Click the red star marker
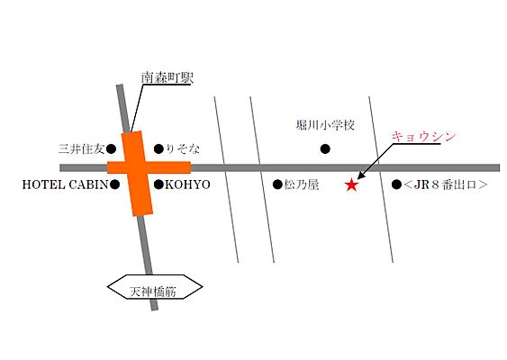pos(351,185)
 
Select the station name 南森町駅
pos(167,78)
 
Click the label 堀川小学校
pos(326,126)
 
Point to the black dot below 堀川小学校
pos(326,148)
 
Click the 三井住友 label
pos(81,148)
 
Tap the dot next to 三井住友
pos(114,148)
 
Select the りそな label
pos(184,148)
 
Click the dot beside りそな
pos(158,148)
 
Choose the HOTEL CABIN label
pos(64,184)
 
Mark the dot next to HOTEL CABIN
pos(114,184)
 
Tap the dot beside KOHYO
pos(158,184)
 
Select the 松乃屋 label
pos(302,184)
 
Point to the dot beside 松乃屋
pos(277,184)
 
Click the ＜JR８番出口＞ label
pos(446,184)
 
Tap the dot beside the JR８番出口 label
pos(396,184)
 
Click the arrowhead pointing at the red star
pos(360,177)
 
